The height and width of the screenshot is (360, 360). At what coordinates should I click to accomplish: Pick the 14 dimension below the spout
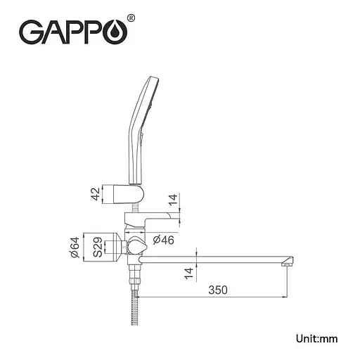[189, 273]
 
